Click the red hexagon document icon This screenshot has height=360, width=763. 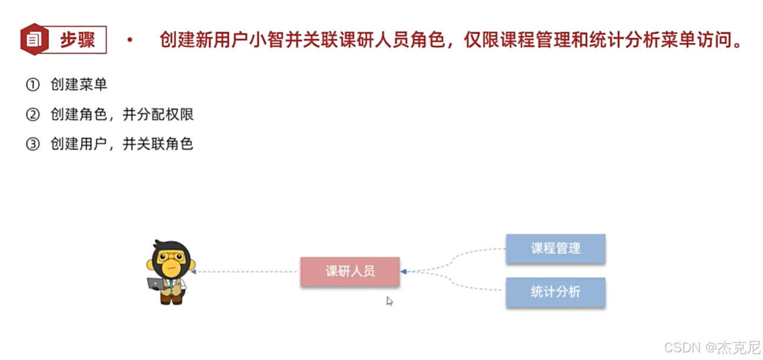click(34, 39)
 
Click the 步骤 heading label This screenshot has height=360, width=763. click(77, 40)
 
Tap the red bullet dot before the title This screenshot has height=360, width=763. click(130, 40)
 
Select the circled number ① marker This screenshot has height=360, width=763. click(32, 85)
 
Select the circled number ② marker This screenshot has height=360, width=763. click(32, 115)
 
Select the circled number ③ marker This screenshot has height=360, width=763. click(32, 144)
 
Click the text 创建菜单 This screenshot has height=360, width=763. click(79, 85)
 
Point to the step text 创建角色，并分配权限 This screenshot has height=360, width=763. click(122, 115)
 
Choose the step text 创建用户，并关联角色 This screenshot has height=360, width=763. click(122, 144)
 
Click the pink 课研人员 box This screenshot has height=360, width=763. click(350, 272)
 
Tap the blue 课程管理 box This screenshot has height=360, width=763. click(556, 248)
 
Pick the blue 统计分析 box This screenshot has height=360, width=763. click(556, 292)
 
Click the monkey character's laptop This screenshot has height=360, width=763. click(156, 283)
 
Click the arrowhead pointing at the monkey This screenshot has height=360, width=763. click(193, 272)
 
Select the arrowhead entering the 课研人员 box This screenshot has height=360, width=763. click(404, 272)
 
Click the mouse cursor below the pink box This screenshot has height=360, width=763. click(389, 301)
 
